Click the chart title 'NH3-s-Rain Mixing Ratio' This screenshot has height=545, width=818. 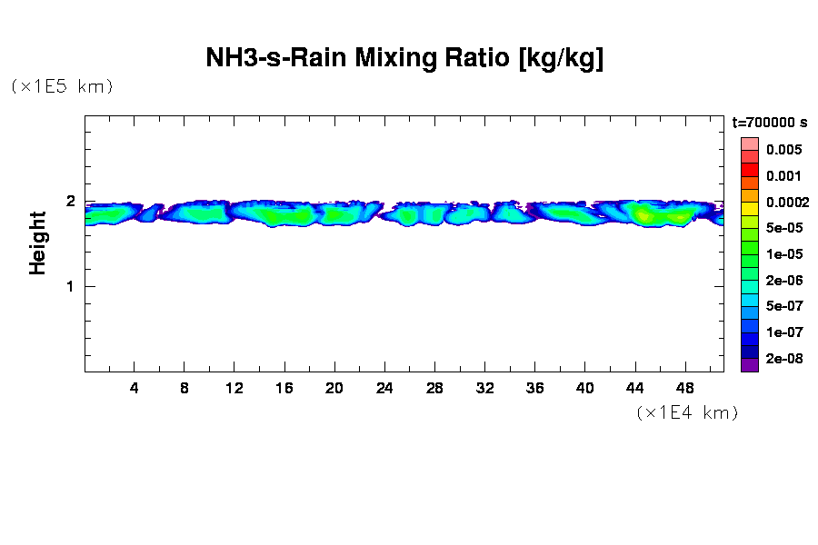pos(404,59)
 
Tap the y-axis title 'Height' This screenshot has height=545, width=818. pos(37,243)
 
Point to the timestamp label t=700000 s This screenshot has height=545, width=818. pos(770,123)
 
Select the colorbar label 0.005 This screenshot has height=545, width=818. pos(783,150)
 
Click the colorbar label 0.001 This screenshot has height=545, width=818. pos(783,176)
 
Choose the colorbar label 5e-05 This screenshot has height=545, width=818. pos(783,228)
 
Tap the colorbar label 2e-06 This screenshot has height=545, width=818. pos(783,281)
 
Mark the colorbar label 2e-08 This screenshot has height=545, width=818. pos(783,359)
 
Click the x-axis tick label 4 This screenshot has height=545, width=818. pos(135,388)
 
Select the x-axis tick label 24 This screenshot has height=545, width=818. pos(384,388)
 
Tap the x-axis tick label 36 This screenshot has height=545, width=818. pos(534,388)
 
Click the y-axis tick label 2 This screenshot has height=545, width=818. pos(69,202)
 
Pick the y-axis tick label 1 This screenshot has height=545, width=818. pos(69,287)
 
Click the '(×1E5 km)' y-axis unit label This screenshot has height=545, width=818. pos(61,86)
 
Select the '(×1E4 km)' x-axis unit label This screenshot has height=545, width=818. pos(686,412)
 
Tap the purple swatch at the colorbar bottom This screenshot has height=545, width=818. pos(750,365)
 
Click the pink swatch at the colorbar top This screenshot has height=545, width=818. pos(750,144)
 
